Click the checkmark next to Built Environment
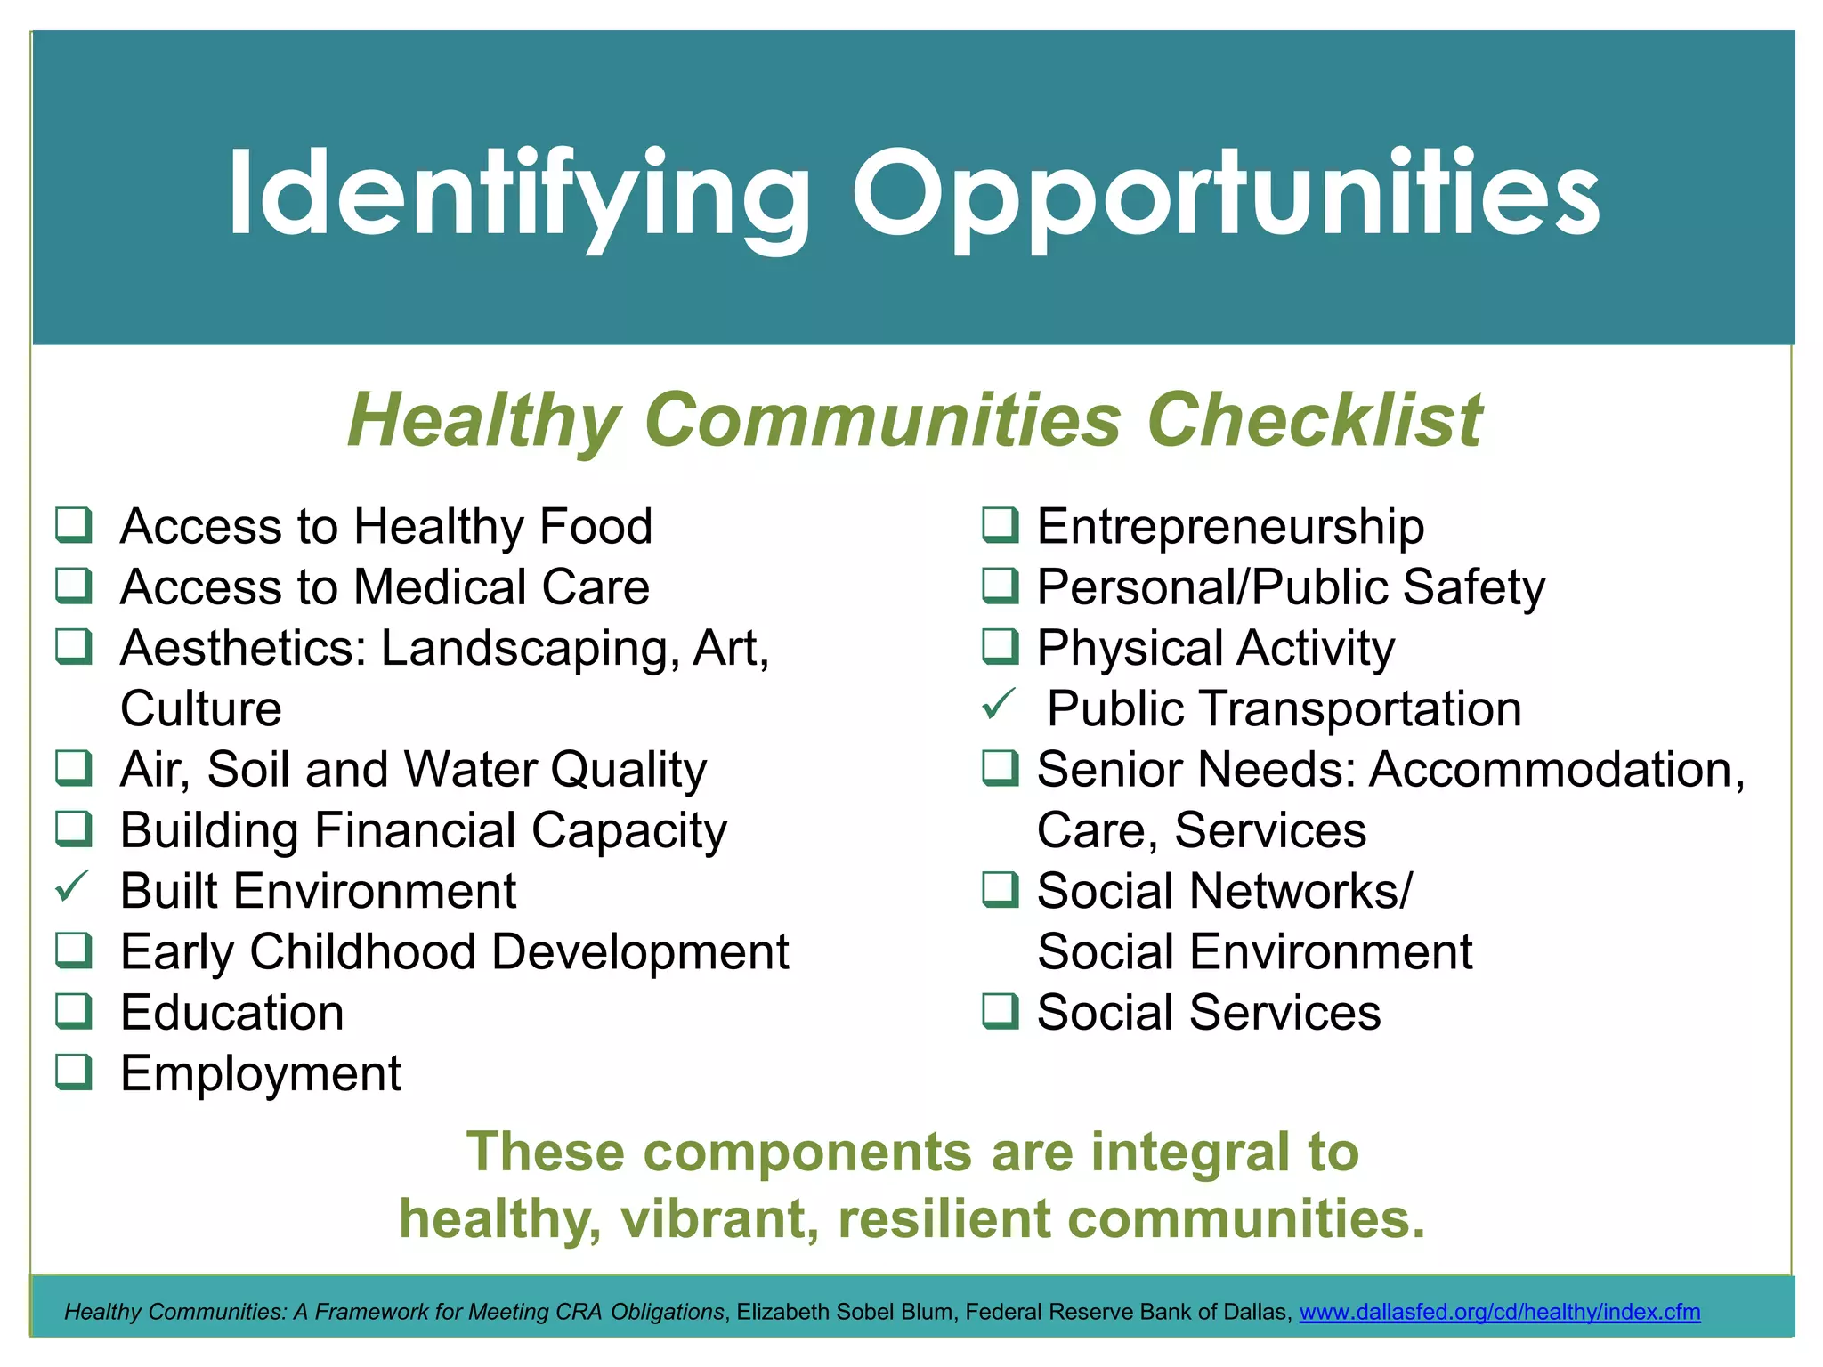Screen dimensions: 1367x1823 pyautogui.click(x=72, y=886)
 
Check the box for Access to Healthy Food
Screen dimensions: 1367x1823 pyautogui.click(x=73, y=525)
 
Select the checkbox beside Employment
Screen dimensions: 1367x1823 pyautogui.click(x=73, y=1072)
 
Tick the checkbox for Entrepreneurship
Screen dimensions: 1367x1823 pyautogui.click(x=1000, y=525)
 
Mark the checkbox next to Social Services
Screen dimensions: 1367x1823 pyautogui.click(x=1000, y=1011)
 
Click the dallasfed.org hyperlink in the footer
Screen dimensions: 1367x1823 pyautogui.click(x=1499, y=1312)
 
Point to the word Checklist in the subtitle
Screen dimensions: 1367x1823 pyautogui.click(x=1315, y=420)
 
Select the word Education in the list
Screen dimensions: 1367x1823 pyautogui.click(x=232, y=1013)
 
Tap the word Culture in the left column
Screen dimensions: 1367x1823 pyautogui.click(x=201, y=709)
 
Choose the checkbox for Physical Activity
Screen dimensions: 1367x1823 pyautogui.click(x=1000, y=647)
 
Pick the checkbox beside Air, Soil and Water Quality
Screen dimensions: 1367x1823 pyautogui.click(x=73, y=768)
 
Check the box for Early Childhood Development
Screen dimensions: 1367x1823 pyautogui.click(x=73, y=950)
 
